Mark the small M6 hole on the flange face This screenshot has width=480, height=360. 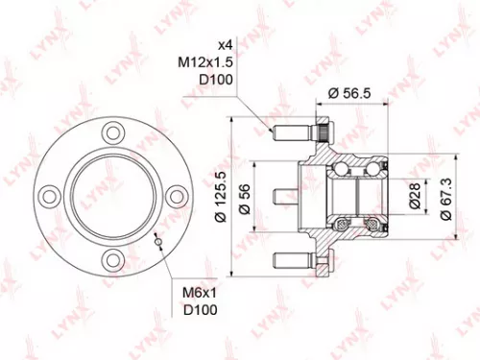click(157, 242)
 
